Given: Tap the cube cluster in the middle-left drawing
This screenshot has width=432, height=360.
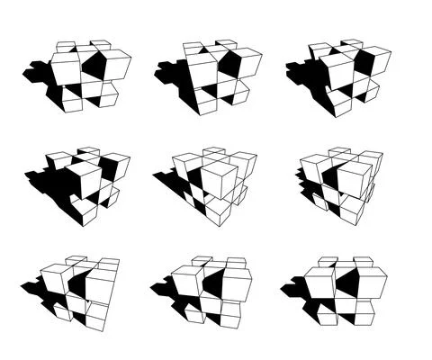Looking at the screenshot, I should (x=90, y=180).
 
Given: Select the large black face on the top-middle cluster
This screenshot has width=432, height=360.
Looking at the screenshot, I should (x=229, y=65).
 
